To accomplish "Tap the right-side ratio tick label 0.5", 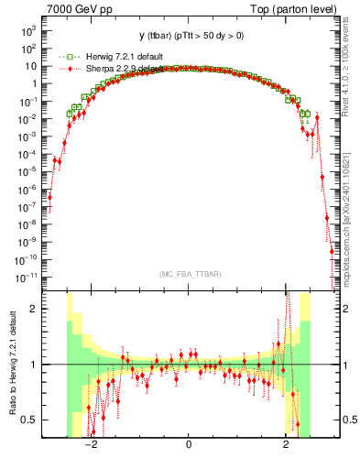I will [x=348, y=420].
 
